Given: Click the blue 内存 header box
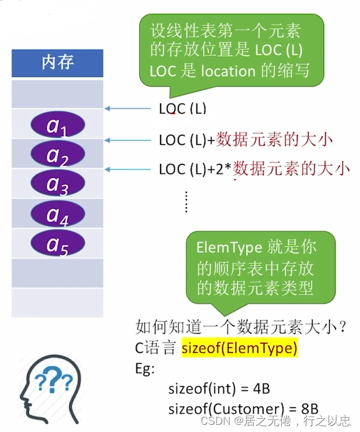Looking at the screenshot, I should click(57, 63).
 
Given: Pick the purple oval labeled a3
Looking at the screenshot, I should click(57, 184).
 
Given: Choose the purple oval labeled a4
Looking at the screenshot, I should click(57, 214).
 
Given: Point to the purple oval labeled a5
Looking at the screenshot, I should click(57, 243).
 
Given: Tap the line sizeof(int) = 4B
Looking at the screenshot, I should click(219, 388).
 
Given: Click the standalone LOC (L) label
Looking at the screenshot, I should click(182, 108).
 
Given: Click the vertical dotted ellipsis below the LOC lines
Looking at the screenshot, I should click(186, 201).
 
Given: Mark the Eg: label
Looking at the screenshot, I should click(145, 368).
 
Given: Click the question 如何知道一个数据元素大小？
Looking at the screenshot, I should click(242, 327).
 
